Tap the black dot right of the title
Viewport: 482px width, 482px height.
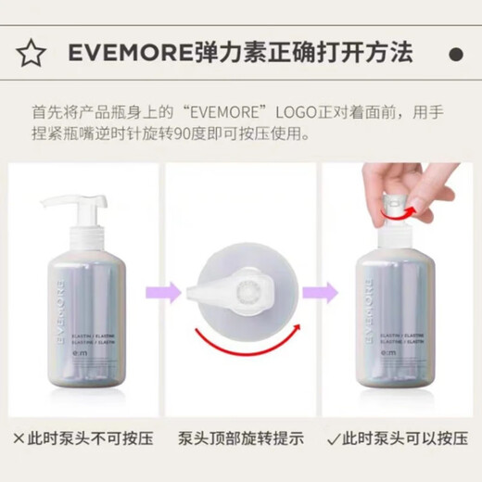point(453,53)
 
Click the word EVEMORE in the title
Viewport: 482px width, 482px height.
point(126,53)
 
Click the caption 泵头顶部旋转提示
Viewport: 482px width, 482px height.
point(240,436)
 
